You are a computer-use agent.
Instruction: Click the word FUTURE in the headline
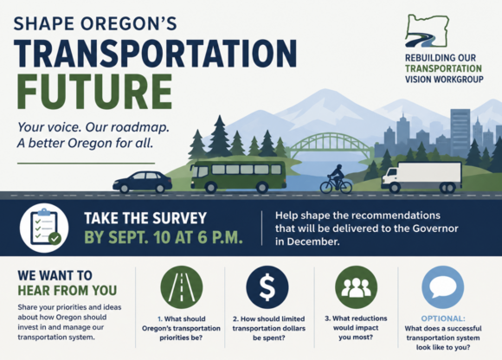click(94, 92)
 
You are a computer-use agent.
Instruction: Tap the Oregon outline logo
click(427, 30)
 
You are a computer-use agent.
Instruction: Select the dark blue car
click(143, 182)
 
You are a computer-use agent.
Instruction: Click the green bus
click(238, 177)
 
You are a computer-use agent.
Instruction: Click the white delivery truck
click(422, 177)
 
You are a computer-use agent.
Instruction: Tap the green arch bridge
click(331, 145)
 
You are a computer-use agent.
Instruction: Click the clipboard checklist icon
click(44, 228)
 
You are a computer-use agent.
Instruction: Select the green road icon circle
click(182, 287)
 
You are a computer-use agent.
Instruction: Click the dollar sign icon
click(267, 287)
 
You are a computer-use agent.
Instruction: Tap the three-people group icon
click(356, 287)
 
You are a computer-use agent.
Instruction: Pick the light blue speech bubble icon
click(443, 287)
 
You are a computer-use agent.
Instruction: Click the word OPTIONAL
click(443, 318)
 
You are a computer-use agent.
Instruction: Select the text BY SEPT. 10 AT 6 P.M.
click(164, 237)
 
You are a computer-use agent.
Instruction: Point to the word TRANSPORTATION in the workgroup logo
click(443, 68)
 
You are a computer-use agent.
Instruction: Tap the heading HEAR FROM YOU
click(68, 291)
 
